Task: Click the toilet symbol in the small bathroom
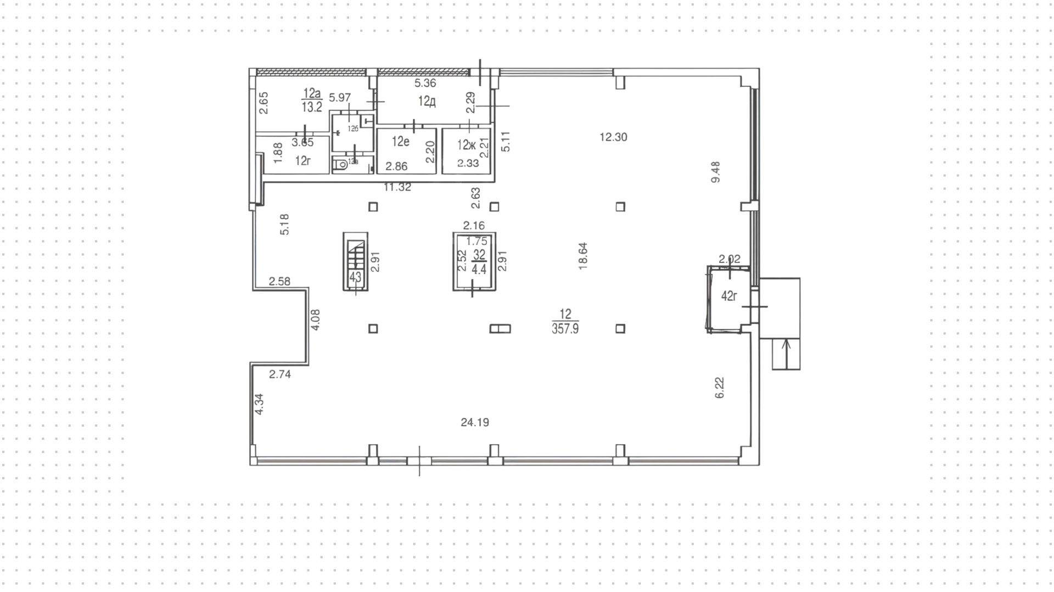coord(342,163)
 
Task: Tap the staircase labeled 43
coord(355,261)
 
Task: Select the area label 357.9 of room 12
coord(565,329)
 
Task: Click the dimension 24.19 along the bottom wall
coord(475,422)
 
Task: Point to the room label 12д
coord(427,101)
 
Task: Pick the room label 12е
coord(400,142)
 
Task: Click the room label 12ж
coord(466,145)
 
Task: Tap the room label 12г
coord(303,161)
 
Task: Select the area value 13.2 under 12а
coord(312,107)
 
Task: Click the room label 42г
coord(728,297)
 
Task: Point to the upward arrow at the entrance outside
coord(786,354)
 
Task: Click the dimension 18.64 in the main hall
coord(583,256)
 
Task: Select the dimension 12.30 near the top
coord(613,137)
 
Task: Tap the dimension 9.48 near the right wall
coord(715,172)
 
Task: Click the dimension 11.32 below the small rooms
coord(397,187)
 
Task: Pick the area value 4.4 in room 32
coord(479,270)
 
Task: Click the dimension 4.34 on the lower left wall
coord(259,404)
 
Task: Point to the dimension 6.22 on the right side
coord(720,387)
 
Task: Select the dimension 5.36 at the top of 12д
coord(425,83)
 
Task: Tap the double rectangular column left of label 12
coord(500,328)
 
